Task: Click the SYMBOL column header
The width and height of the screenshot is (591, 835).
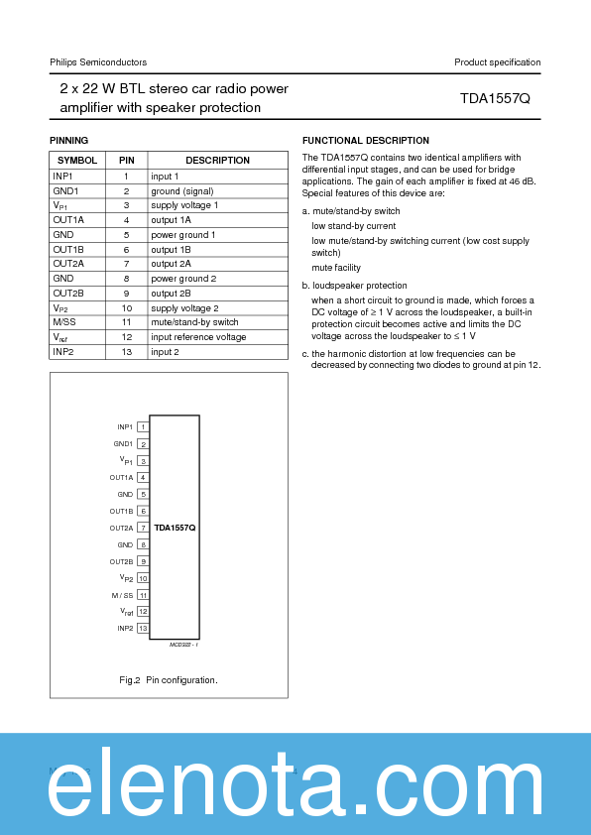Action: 76,161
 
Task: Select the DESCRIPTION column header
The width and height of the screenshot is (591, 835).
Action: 217,161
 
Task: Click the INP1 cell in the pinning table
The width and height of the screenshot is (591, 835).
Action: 62,176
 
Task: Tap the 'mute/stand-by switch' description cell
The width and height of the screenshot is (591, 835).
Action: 194,322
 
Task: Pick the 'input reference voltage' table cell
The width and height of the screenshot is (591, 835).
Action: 198,337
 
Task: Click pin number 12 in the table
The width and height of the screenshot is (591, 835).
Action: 126,337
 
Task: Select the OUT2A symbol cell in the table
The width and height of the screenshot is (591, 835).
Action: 68,264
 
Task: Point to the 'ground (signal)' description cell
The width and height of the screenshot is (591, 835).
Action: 181,190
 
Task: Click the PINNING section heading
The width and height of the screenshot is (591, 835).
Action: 68,141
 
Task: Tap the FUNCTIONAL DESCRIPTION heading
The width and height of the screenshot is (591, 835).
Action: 365,141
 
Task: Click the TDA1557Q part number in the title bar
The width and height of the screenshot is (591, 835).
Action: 495,99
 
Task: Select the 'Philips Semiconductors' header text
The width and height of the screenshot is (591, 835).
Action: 98,62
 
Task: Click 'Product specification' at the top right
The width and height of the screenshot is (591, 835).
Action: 497,62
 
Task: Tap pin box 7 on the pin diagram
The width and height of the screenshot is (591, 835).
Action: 143,528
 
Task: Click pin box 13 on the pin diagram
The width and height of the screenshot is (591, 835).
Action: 143,628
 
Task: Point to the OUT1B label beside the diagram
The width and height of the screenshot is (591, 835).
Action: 121,511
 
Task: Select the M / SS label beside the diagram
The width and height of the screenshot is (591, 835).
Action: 122,595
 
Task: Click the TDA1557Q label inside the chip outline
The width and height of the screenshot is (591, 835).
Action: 175,528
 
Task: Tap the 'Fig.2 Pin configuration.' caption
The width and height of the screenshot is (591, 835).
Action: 168,680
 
